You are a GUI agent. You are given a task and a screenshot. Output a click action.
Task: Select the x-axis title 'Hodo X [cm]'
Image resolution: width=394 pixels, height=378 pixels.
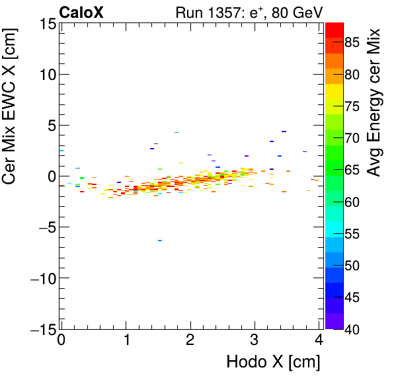273,362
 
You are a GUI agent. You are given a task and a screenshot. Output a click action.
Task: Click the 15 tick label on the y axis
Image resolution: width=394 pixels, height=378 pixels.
46,24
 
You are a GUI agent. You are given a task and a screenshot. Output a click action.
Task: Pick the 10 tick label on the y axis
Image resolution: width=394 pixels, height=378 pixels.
46,75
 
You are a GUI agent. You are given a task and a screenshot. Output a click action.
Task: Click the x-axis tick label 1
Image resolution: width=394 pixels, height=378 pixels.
126,340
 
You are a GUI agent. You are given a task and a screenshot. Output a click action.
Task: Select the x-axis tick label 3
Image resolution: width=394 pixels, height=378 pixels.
255,340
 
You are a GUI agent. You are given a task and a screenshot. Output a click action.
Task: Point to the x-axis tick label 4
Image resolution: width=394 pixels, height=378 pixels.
319,340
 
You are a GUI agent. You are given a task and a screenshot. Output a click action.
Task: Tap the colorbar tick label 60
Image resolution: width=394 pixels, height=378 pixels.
352,202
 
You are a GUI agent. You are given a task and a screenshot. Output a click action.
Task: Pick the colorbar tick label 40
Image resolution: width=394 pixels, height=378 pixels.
352,329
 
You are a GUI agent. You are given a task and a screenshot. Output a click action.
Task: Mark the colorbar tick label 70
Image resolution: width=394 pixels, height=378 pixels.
352,139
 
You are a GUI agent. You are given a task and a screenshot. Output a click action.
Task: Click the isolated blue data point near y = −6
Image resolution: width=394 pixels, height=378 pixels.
160,241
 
